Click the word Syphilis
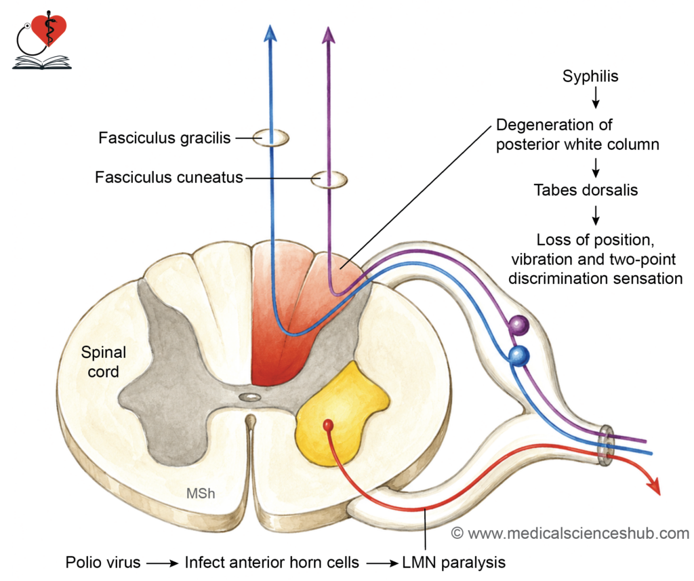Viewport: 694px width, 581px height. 590,76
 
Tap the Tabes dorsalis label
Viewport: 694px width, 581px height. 586,190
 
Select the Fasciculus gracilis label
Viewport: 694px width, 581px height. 164,138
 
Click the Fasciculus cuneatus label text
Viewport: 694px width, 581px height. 169,177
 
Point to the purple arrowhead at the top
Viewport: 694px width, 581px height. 328,35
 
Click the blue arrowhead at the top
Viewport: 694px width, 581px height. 270,33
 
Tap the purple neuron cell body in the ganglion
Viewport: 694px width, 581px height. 518,325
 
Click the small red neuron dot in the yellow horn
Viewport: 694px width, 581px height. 328,425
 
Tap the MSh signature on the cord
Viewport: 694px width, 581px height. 201,494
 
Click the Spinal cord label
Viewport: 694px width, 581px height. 104,362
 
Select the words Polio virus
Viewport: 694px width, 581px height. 103,563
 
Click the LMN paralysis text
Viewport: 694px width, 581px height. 453,563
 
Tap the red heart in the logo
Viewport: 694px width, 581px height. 49,28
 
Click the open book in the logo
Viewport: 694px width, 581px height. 42,62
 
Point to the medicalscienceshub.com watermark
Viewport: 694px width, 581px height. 570,533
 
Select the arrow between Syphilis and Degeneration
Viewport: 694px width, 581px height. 596,98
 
